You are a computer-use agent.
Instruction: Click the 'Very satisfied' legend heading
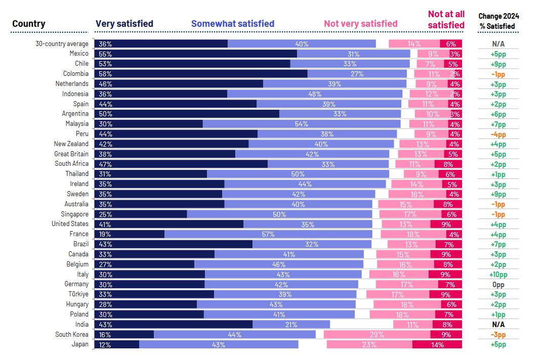[x=124, y=23]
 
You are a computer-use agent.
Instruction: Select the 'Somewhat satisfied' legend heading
[x=233, y=23]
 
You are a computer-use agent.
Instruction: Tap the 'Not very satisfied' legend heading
[x=361, y=23]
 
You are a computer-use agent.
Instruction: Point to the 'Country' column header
[x=29, y=23]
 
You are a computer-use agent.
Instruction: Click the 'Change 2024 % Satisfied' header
[x=498, y=21]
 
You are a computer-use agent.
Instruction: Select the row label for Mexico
[x=79, y=54]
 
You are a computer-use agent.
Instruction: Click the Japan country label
[x=80, y=344]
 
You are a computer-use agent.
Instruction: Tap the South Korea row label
[x=72, y=334]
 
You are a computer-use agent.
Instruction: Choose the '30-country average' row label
[x=62, y=43]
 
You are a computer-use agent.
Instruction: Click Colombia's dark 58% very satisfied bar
[x=201, y=74]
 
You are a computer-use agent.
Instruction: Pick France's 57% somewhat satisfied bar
[x=268, y=234]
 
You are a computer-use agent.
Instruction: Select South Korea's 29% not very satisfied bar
[x=377, y=334]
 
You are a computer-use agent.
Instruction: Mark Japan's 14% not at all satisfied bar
[x=437, y=344]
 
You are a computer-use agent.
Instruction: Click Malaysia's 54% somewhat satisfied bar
[x=302, y=124]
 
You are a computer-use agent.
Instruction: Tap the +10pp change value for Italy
[x=498, y=274]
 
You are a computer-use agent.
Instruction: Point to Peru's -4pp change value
[x=498, y=134]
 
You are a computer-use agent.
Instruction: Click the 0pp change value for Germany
[x=498, y=284]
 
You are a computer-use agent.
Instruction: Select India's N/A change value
[x=498, y=324]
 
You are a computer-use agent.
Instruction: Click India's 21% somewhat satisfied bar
[x=291, y=324]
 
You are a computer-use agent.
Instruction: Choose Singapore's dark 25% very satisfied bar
[x=141, y=214]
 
